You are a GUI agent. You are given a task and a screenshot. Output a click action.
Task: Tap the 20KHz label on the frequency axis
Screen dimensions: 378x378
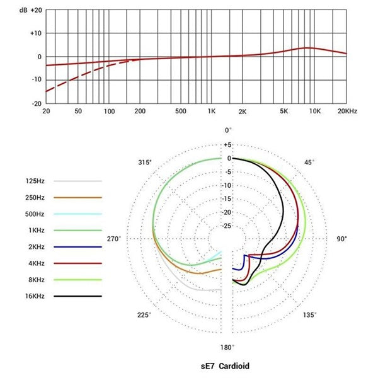pyautogui.click(x=347, y=111)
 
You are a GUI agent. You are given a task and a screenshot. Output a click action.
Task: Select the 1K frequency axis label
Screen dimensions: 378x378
pyautogui.click(x=212, y=111)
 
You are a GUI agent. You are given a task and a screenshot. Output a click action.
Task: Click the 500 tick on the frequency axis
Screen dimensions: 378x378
pyautogui.click(x=181, y=111)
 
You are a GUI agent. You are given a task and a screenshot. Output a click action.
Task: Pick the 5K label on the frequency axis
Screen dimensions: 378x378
pyautogui.click(x=284, y=111)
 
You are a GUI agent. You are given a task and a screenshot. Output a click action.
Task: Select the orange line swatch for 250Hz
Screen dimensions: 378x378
pyautogui.click(x=78, y=198)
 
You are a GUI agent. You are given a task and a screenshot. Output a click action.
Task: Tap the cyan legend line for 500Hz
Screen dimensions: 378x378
pyautogui.click(x=78, y=214)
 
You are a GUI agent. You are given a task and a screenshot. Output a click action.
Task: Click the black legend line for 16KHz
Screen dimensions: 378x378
pyautogui.click(x=78, y=296)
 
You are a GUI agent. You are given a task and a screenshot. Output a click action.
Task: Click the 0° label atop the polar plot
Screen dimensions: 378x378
pyautogui.click(x=229, y=130)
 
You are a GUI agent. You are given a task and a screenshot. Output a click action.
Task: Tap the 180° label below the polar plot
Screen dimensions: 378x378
pyautogui.click(x=227, y=347)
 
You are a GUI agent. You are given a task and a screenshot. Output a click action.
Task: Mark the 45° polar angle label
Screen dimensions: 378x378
pyautogui.click(x=309, y=163)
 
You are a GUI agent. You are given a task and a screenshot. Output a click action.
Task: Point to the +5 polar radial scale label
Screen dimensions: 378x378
pyautogui.click(x=227, y=145)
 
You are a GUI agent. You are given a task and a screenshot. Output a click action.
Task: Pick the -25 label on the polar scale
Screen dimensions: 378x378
pyautogui.click(x=227, y=226)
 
